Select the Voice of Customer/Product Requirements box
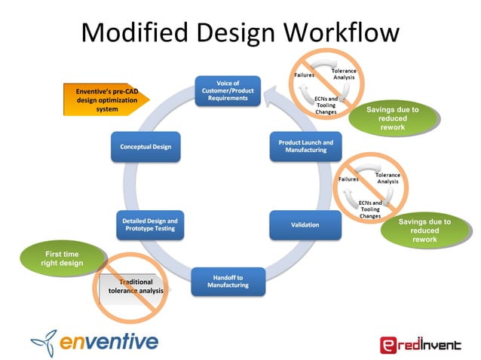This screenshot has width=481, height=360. click(228, 90)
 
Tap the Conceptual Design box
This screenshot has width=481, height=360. click(146, 147)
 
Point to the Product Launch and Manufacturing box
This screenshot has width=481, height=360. click(304, 145)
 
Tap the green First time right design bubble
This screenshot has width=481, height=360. click(63, 258)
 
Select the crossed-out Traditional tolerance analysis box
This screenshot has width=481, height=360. click(134, 287)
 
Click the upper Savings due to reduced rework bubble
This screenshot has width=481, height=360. click(392, 118)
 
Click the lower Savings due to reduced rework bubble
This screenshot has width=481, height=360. click(424, 230)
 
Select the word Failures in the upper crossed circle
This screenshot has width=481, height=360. click(304, 75)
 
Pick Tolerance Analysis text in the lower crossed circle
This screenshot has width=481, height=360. click(387, 178)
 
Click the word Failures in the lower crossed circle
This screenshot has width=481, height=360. click(348, 179)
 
